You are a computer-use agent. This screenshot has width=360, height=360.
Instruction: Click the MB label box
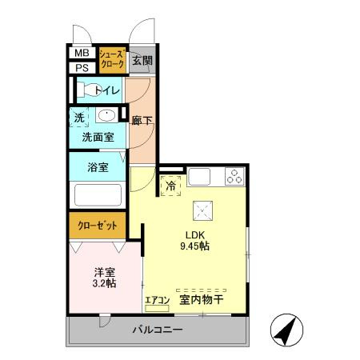tap(82, 54)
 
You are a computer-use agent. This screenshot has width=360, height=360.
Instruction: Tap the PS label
tap(82, 68)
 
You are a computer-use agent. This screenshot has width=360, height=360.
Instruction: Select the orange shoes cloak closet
tap(111, 59)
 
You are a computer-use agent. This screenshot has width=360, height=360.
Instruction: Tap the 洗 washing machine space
tap(79, 117)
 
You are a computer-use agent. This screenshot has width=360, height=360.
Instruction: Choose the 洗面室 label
tap(98, 138)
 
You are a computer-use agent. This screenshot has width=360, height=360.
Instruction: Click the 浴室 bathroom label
tap(98, 169)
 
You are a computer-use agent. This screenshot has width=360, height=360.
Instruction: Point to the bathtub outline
tap(98, 196)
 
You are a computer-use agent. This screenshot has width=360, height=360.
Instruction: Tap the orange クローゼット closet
tap(96, 226)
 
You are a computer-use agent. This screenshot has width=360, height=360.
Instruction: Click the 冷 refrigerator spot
tap(171, 186)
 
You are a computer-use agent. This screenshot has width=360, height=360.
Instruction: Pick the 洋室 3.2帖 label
tap(104, 277)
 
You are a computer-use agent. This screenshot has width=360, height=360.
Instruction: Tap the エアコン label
tap(157, 301)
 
